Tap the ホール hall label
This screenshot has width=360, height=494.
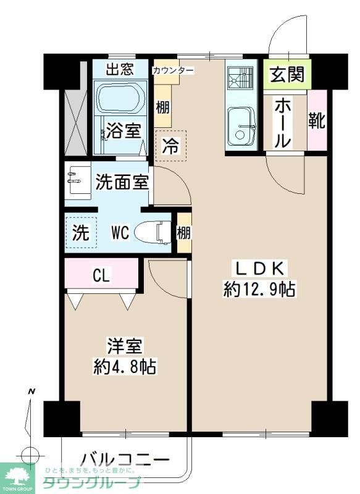[x=282, y=122]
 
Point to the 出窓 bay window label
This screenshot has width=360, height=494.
[x=119, y=69]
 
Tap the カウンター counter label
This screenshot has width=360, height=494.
[x=173, y=70]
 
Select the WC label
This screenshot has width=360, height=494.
[x=120, y=233]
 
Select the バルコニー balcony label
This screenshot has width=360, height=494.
[x=125, y=459]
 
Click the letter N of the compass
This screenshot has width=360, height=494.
[x=31, y=391]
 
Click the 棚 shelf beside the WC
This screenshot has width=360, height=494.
[x=183, y=232]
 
